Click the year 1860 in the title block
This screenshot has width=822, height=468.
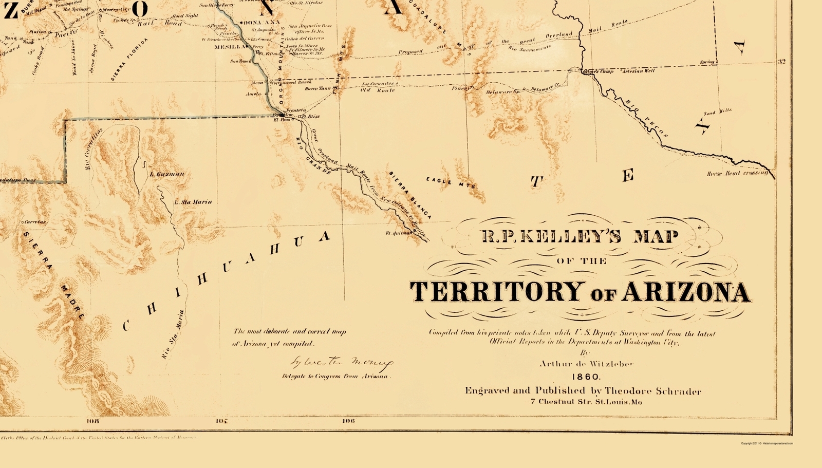click(x=586, y=377)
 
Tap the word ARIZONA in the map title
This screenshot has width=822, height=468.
click(x=686, y=292)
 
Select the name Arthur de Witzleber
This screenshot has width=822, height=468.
click(x=586, y=364)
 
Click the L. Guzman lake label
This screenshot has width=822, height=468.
click(x=166, y=174)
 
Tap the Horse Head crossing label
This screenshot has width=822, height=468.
click(x=737, y=174)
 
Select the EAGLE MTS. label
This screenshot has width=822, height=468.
click(x=451, y=182)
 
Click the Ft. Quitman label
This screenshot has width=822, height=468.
click(x=399, y=233)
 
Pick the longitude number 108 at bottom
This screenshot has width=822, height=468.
click(x=93, y=421)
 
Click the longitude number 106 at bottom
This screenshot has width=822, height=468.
click(x=348, y=421)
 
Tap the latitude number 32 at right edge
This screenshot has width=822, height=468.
click(x=781, y=62)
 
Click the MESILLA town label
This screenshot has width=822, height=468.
click(x=229, y=47)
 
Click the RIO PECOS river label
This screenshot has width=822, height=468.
click(x=646, y=119)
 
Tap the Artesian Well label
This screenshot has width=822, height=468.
click(x=639, y=71)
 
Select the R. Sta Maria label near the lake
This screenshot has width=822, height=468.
click(x=193, y=202)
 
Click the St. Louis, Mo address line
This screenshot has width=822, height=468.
click(x=586, y=402)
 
